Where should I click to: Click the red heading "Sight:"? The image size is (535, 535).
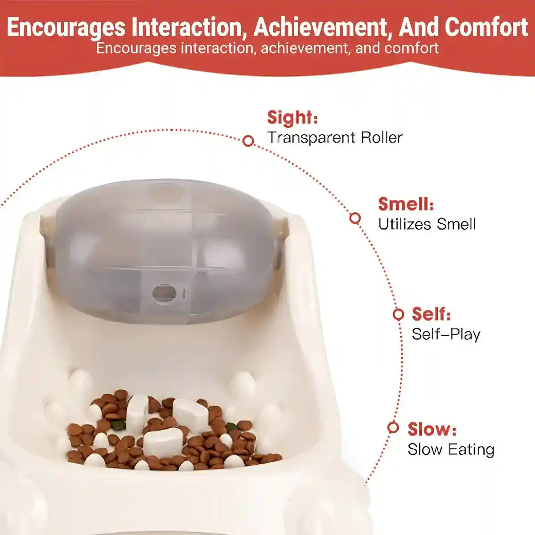(x=292, y=118)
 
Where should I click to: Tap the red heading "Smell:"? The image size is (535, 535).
(x=406, y=204)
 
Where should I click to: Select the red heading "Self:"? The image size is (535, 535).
(x=431, y=314)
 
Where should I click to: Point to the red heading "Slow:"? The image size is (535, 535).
(x=432, y=429)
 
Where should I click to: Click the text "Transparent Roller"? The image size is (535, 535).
(x=335, y=137)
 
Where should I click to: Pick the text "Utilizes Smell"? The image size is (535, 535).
(x=427, y=224)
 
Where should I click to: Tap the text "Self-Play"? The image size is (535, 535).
(x=446, y=334)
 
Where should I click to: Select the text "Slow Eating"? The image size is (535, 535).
(x=451, y=449)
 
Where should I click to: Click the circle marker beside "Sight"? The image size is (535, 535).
(x=248, y=141)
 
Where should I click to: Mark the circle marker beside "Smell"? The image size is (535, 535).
(x=355, y=218)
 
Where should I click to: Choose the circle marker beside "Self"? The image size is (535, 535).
(x=398, y=314)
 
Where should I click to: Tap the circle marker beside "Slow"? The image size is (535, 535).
(x=393, y=428)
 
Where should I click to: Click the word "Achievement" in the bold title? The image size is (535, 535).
(x=323, y=27)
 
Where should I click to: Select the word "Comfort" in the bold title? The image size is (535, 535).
(x=486, y=27)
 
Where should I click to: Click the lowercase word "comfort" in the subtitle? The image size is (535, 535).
(x=411, y=48)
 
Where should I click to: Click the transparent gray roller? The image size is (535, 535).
(x=165, y=250)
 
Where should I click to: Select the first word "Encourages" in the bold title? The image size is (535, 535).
(x=66, y=27)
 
